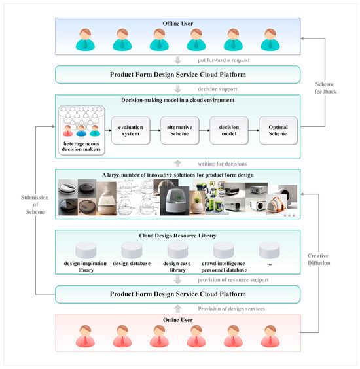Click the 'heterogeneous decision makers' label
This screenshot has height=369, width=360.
pos(82,147)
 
